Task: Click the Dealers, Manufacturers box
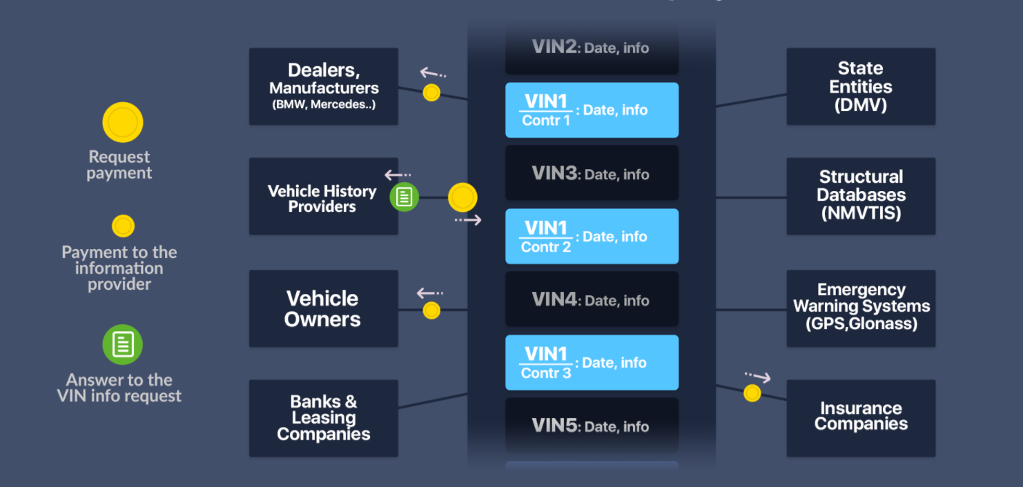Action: (x=323, y=86)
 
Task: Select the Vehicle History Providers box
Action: (x=323, y=197)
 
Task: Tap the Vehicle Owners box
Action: (x=323, y=308)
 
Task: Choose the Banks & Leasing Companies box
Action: (x=323, y=418)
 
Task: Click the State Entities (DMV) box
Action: (x=861, y=86)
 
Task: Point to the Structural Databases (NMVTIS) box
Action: (x=861, y=197)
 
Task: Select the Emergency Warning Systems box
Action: (x=861, y=308)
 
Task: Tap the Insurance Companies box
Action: (x=861, y=418)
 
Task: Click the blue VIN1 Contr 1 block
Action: (x=592, y=110)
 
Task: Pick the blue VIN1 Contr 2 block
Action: (x=592, y=237)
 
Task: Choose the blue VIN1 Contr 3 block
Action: (x=592, y=362)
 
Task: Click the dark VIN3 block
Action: (x=592, y=173)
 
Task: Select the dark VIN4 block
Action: (x=592, y=299)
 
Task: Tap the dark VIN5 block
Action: (x=592, y=426)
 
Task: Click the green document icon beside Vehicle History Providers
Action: (x=405, y=197)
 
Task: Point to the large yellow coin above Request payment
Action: (x=123, y=122)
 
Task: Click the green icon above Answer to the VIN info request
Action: (x=122, y=345)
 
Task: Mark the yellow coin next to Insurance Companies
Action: (x=752, y=393)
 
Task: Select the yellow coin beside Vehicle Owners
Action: (x=431, y=310)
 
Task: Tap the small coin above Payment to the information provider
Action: (x=124, y=226)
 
